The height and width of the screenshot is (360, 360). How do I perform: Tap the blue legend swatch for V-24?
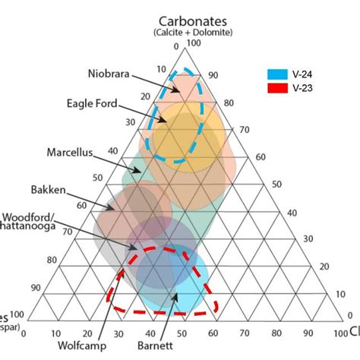[276, 75]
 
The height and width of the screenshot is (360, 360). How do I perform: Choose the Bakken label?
[47, 189]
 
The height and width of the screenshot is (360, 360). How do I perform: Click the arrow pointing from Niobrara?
[159, 83]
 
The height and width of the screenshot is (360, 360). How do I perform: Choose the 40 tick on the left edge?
[113, 150]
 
